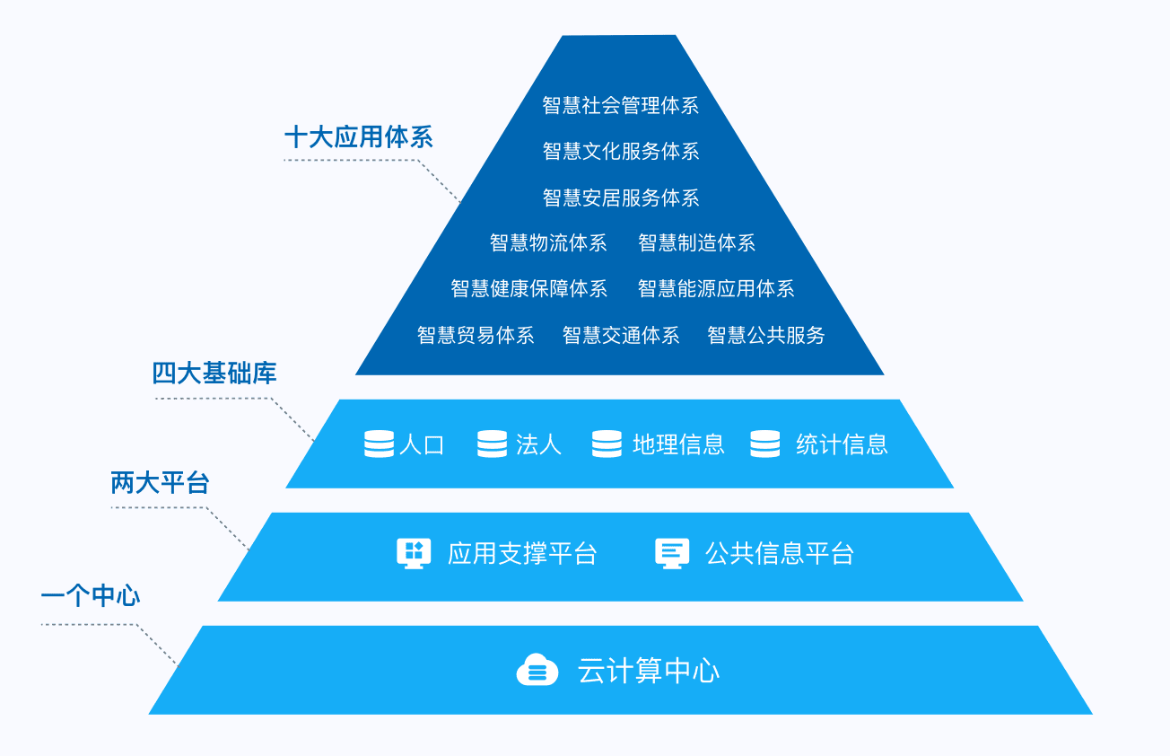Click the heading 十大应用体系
pyautogui.click(x=358, y=137)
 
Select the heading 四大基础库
pyautogui.click(x=214, y=374)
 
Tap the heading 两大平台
pyautogui.click(x=160, y=482)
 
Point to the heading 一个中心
pyautogui.click(x=91, y=595)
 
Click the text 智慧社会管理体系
pyautogui.click(x=621, y=106)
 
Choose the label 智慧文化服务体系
pyautogui.click(x=621, y=152)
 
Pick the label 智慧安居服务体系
pyautogui.click(x=621, y=198)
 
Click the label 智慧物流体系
pyautogui.click(x=548, y=243)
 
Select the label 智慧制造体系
pyautogui.click(x=697, y=243)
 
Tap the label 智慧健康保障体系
pyautogui.click(x=529, y=288)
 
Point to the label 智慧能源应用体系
pyautogui.click(x=716, y=288)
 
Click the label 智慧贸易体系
pyautogui.click(x=476, y=335)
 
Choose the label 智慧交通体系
pyautogui.click(x=621, y=335)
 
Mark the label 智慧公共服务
pyautogui.click(x=766, y=335)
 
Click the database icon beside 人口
pyautogui.click(x=380, y=444)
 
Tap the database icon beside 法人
pyautogui.click(x=492, y=444)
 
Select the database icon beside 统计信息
pyautogui.click(x=765, y=444)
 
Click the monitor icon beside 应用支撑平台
pyautogui.click(x=414, y=554)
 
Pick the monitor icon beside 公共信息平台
pyautogui.click(x=672, y=554)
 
